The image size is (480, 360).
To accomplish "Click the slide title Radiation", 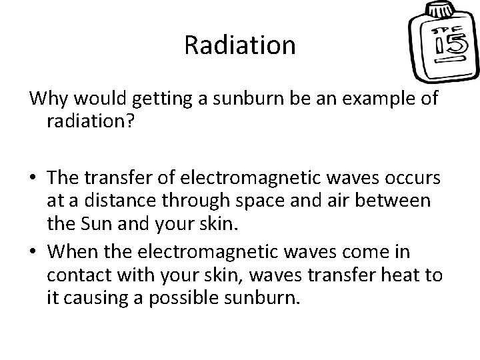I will pyautogui.click(x=239, y=45).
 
